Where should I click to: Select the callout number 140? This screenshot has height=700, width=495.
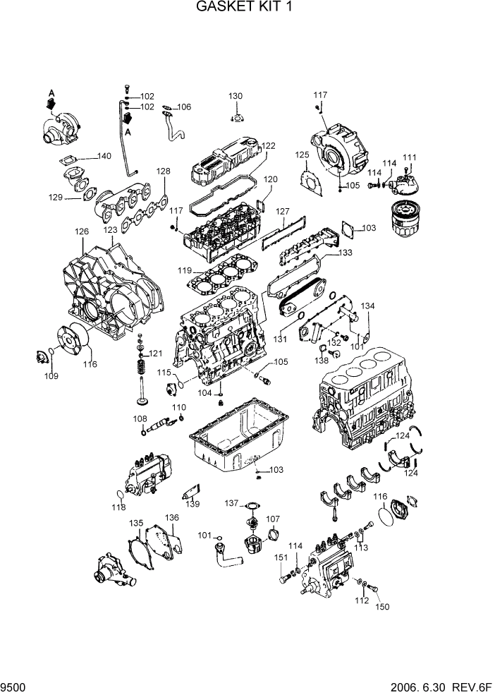[104, 156]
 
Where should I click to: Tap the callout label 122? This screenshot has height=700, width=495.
[267, 146]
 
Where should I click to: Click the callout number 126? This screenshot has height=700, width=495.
[82, 231]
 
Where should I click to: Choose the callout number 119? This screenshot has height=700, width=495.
[185, 270]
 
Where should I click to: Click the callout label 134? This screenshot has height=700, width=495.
[368, 306]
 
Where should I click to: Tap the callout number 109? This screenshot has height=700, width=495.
[51, 376]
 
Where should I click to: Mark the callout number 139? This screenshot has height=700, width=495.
[192, 504]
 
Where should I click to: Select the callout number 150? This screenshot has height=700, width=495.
[381, 606]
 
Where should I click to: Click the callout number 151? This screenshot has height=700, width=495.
[281, 557]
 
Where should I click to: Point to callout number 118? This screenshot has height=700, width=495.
[118, 507]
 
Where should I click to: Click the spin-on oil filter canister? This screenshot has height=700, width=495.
[405, 219]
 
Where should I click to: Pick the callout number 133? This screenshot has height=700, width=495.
[345, 253]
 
